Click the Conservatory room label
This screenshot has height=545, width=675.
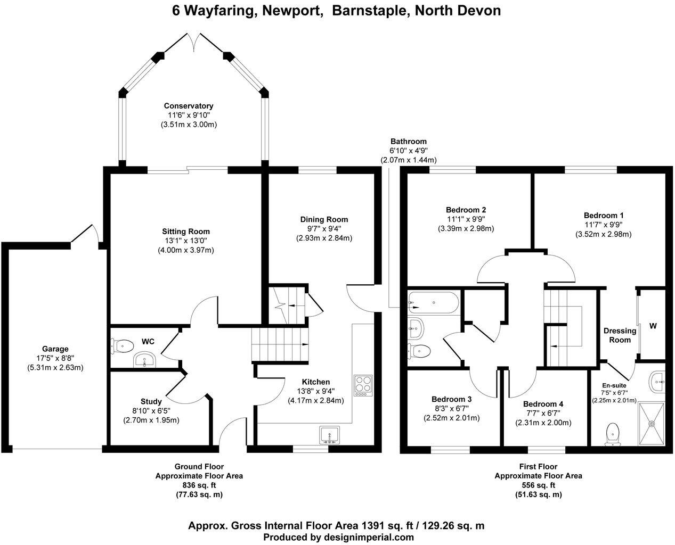pyautogui.click(x=189, y=106)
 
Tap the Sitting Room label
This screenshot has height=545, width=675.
pyautogui.click(x=186, y=232)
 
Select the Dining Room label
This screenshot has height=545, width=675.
pyautogui.click(x=324, y=219)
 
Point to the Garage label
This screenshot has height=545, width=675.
pyautogui.click(x=55, y=349)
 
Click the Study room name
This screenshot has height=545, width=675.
pyautogui.click(x=151, y=401)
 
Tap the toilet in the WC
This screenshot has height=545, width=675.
pyautogui.click(x=123, y=346)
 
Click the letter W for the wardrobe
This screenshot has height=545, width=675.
pyautogui.click(x=653, y=325)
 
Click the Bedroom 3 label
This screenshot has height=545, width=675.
pyautogui.click(x=451, y=399)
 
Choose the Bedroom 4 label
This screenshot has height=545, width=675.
pyautogui.click(x=543, y=404)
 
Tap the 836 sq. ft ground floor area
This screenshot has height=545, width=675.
pyautogui.click(x=199, y=485)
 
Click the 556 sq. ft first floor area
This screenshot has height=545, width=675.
pyautogui.click(x=538, y=485)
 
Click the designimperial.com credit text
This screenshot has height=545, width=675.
pyautogui.click(x=368, y=537)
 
